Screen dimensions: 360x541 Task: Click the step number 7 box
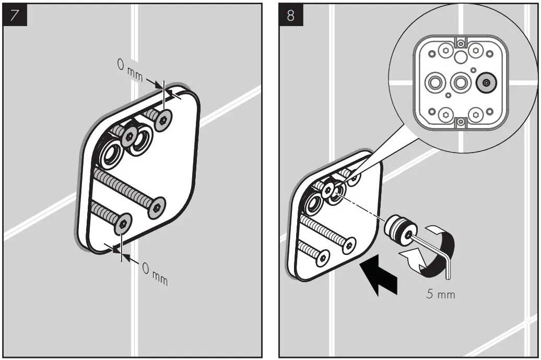[x=14, y=15]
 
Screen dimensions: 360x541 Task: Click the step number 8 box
[x=291, y=15]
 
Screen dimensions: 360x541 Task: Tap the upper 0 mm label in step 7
[x=128, y=71]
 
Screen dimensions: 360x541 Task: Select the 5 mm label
[x=440, y=294]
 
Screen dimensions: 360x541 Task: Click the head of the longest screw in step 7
[x=156, y=207]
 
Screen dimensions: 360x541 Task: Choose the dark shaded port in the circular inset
[x=486, y=83]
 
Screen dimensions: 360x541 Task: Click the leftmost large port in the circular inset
[x=434, y=83]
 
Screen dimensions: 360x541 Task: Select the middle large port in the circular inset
[x=460, y=83]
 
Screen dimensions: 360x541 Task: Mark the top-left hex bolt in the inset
[x=445, y=51]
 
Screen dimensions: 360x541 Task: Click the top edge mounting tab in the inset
[x=460, y=42]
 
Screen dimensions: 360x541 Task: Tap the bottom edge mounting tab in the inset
[x=460, y=122]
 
